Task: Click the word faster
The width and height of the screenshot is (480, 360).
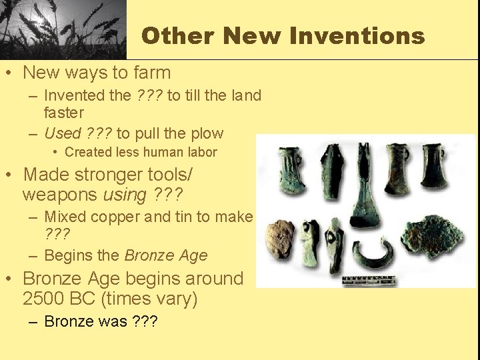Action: (x=63, y=113)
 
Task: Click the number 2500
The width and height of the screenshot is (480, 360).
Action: (x=47, y=298)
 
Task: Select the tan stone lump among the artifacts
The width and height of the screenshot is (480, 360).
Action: (x=280, y=236)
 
